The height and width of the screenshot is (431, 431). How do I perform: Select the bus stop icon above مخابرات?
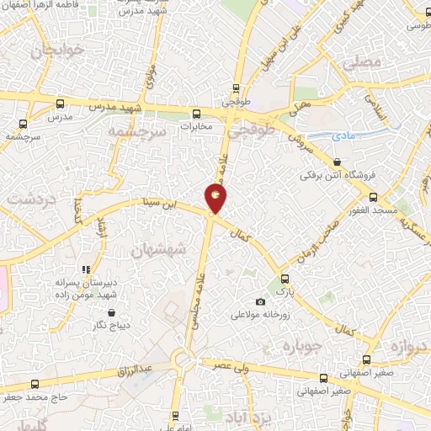pyautogui.click(x=196, y=114)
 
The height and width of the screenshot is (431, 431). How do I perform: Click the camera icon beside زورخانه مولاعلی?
pyautogui.click(x=260, y=302)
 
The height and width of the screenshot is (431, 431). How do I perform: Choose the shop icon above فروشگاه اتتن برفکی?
pyautogui.click(x=338, y=162)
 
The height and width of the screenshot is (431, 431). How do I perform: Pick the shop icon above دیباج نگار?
pyautogui.click(x=102, y=309)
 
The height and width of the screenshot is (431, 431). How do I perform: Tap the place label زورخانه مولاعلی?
pyautogui.click(x=261, y=317)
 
